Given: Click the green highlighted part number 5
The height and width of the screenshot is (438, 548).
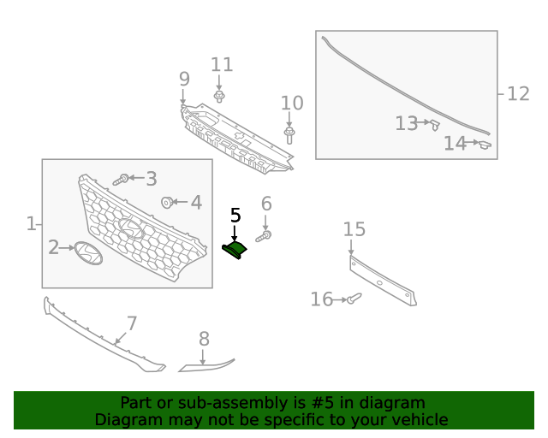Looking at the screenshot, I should pos(235,249).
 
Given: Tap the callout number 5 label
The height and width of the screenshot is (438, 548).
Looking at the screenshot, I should pos(235,216).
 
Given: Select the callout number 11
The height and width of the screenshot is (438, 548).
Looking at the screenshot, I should pos(222,65).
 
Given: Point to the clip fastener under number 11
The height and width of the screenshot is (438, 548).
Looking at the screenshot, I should pos(219,97).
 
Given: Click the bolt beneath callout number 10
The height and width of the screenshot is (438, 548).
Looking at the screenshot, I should pos(290,134).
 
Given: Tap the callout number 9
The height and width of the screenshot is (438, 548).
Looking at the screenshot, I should pos(184,80).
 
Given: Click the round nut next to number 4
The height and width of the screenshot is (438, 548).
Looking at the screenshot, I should pos(167,203).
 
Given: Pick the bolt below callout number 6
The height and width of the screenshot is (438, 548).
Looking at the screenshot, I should pos(265,234).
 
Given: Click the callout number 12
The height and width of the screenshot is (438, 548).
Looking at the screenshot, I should pos(518,93).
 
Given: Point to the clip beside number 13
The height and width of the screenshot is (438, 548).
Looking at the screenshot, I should pos(435,125).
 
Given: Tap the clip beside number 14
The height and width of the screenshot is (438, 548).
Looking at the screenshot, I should pos(485,145).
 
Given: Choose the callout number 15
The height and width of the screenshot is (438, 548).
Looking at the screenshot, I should pos(354,229).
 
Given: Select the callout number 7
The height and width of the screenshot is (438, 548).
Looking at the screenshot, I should pos(132,324).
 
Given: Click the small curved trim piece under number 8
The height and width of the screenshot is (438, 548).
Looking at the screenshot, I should pos(205,365).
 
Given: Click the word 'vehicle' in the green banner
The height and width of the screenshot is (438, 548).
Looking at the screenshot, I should pos(420,420).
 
